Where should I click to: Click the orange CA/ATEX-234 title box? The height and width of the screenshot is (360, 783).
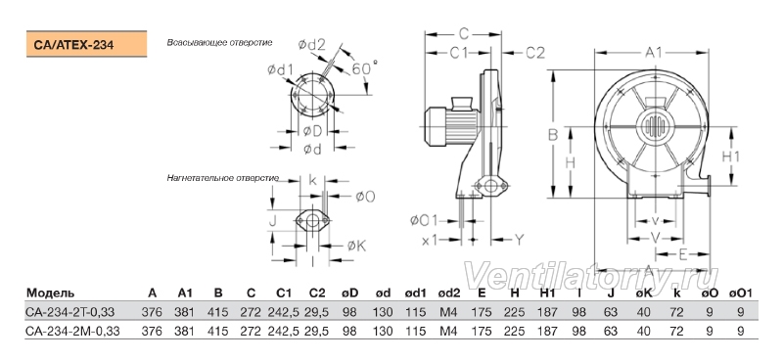86,44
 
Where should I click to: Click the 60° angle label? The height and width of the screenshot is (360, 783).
364,67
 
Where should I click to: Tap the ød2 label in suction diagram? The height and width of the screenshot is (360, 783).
311,44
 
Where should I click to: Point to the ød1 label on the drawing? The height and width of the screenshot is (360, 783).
280,70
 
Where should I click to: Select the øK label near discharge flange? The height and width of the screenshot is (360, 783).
356,246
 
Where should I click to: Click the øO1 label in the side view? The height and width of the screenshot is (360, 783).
424,220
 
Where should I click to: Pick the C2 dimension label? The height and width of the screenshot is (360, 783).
534,53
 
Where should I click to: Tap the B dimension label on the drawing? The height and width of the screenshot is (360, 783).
553,134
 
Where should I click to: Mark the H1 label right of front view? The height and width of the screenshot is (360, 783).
731,157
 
